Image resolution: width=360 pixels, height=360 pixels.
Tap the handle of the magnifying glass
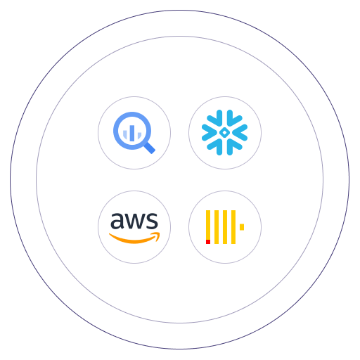(x=150, y=148)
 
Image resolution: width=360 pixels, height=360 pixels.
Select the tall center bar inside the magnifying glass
(x=132, y=133)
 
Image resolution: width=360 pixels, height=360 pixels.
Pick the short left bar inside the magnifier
(x=125, y=134)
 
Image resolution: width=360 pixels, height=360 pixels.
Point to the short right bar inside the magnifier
(x=139, y=135)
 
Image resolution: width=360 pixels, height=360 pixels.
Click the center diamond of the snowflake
(x=224, y=133)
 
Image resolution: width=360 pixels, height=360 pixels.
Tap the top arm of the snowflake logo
(x=224, y=118)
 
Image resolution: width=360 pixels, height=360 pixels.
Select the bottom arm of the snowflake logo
(x=224, y=147)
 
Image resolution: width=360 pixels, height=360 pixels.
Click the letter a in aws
(x=117, y=221)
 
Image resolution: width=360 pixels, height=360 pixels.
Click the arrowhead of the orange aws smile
(x=156, y=236)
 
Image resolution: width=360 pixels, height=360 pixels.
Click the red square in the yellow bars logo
(x=208, y=242)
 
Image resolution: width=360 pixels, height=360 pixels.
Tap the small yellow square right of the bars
(x=242, y=227)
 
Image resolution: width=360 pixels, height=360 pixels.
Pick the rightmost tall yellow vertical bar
(x=233, y=227)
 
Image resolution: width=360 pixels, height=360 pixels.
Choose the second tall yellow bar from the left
(x=217, y=227)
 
